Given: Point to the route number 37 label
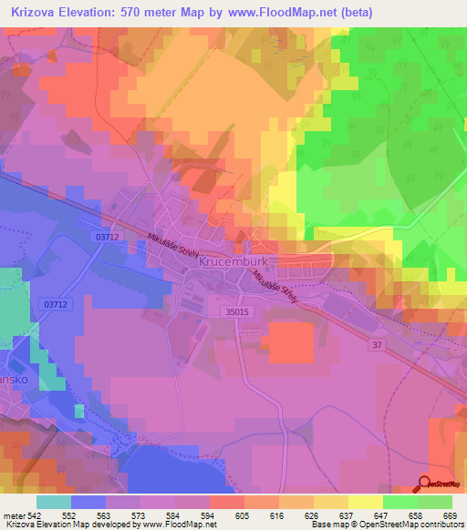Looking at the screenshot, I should click(377, 343).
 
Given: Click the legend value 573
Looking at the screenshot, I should click(137, 515).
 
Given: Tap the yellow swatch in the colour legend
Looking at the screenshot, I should click(365, 502).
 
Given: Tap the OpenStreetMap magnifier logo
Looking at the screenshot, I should click(424, 485).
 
